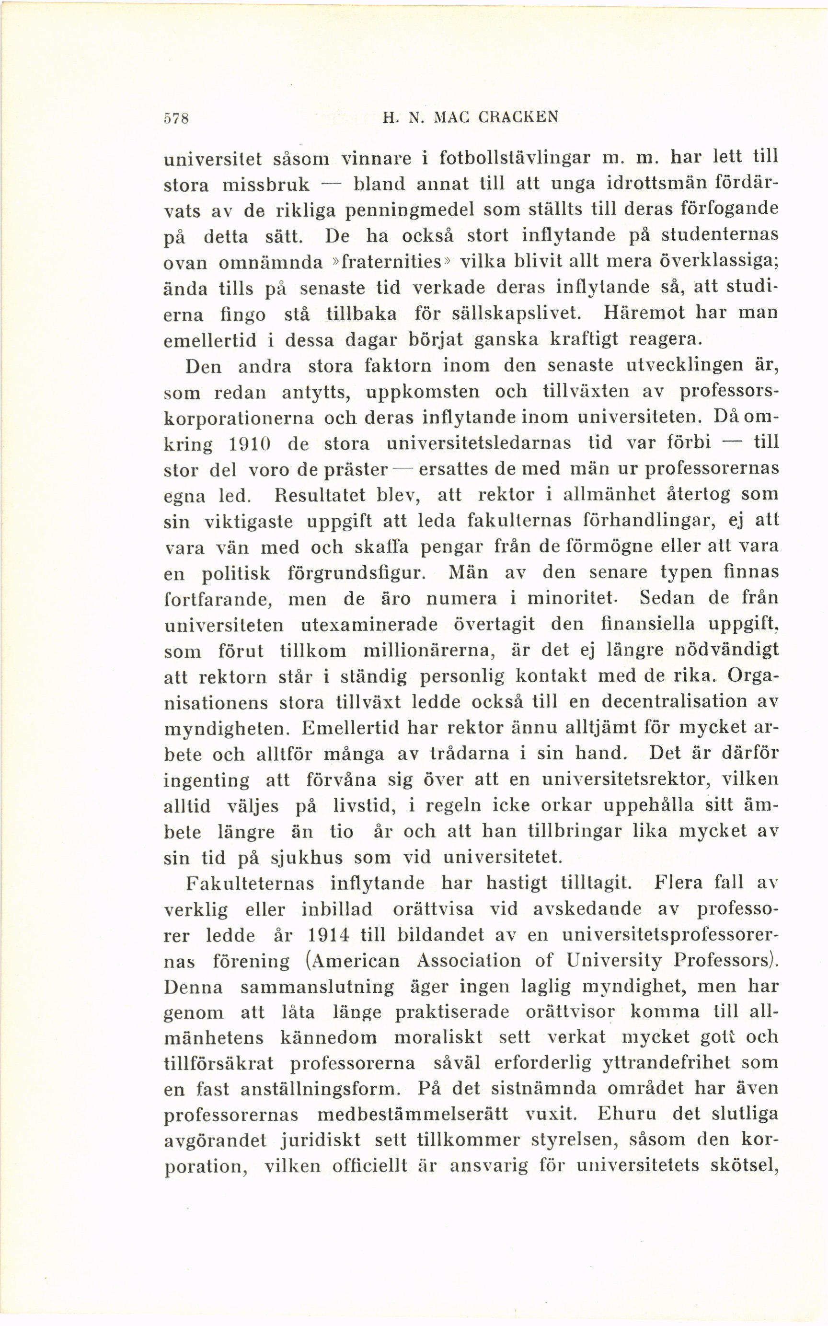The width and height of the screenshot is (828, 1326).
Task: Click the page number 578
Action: point(176,118)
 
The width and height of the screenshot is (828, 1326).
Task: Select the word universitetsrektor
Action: point(625,779)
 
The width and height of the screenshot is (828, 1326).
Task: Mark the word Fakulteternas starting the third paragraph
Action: point(251,884)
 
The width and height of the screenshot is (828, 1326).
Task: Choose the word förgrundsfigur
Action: point(356,573)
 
